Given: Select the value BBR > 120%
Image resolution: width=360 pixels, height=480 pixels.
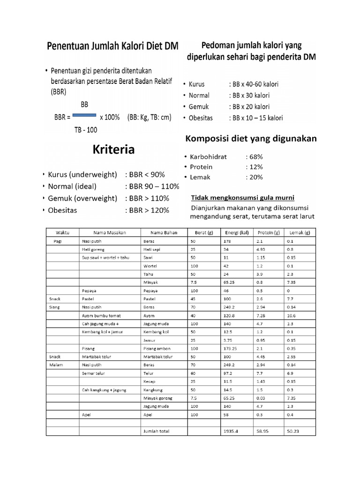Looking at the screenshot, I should click(x=147, y=210).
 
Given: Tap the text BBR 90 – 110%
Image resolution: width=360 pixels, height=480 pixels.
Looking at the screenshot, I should click(x=152, y=186).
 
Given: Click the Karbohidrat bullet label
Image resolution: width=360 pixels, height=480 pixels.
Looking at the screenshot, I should click(x=208, y=157).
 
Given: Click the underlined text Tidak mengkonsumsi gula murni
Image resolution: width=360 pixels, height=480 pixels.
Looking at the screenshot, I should click(x=242, y=197).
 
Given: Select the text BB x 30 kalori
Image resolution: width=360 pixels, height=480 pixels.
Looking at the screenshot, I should click(x=249, y=95).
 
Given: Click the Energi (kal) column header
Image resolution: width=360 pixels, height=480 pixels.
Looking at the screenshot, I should click(x=236, y=232).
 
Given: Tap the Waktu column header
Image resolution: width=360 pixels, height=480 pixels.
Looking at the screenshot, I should click(x=62, y=232).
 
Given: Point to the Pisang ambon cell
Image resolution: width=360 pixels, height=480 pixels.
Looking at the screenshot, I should click(x=156, y=348).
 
